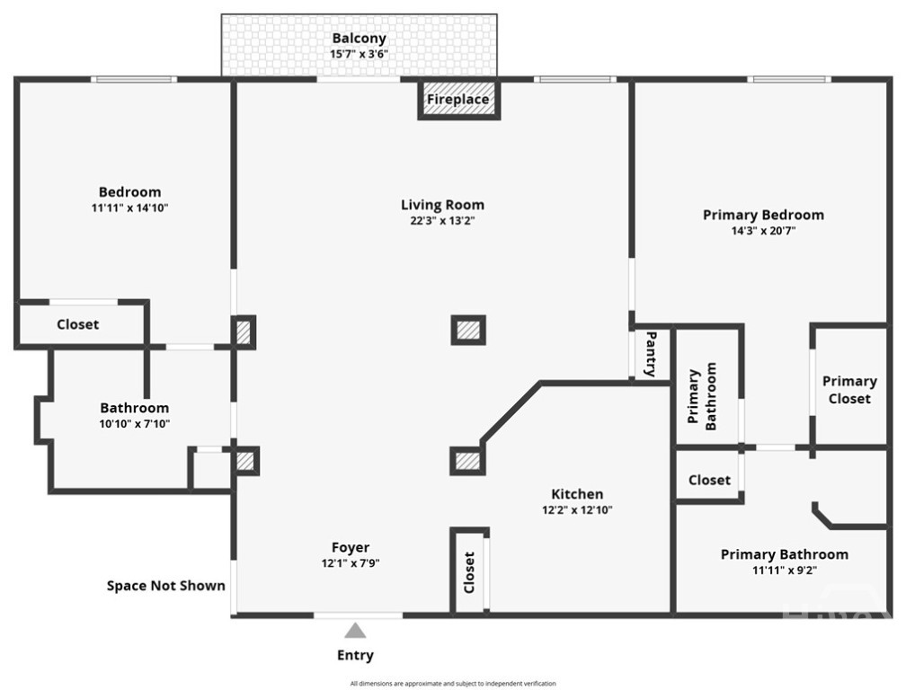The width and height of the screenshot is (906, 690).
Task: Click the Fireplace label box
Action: pos(458,100)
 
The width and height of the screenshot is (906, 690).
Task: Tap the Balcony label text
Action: pos(359,38)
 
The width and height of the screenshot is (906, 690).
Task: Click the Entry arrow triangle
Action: pos(356,631)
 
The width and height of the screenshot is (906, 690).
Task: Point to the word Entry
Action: pos(355,655)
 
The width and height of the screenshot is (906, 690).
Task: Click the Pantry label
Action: pos(651,354)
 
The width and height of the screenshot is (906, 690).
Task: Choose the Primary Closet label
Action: pos(849,390)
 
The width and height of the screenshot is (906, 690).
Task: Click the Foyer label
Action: pos(351,547)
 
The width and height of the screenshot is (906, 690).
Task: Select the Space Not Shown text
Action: pos(166,586)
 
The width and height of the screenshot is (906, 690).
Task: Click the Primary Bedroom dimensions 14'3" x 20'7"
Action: pos(763,230)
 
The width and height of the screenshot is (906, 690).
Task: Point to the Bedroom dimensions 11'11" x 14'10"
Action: pos(130,208)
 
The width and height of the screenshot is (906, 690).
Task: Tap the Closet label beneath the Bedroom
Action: pos(78,324)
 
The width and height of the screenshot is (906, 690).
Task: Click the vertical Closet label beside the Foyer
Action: pos(469,572)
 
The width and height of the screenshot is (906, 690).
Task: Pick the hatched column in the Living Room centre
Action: pos(468,330)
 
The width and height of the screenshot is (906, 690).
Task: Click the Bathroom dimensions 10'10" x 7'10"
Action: pos(134,424)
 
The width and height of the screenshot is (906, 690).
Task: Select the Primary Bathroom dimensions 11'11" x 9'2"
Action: pos(784,570)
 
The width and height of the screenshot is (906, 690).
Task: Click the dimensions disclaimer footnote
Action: pos(452,684)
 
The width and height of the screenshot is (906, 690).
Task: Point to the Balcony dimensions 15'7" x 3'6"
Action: pos(359,54)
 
